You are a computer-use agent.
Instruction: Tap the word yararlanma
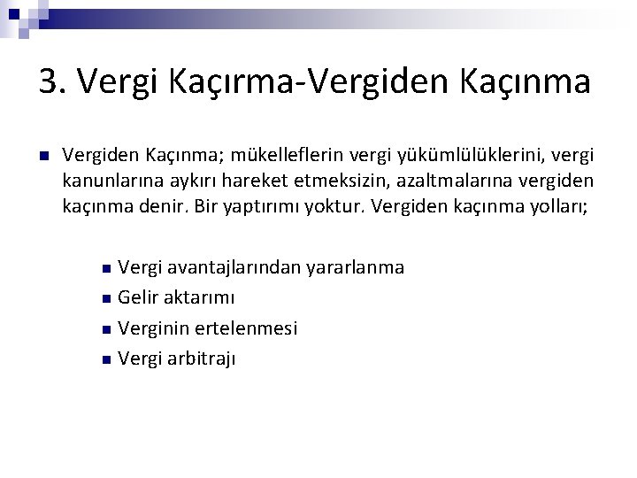pos(355,266)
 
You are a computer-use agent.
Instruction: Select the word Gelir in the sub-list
pos(137,297)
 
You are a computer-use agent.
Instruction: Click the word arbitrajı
pos(201,358)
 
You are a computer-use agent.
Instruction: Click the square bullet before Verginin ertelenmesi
pos(104,329)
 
